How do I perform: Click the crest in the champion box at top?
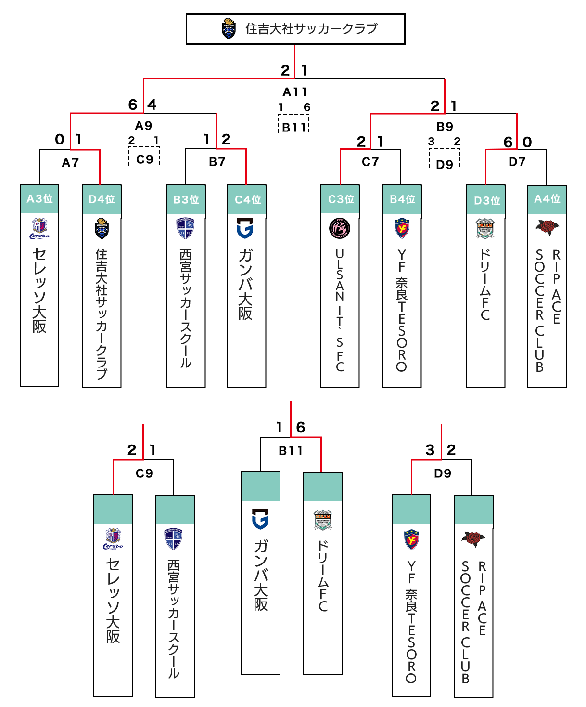(x=229, y=28)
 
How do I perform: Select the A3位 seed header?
(x=39, y=199)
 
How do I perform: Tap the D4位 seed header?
(x=102, y=199)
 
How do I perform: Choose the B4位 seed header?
(x=402, y=199)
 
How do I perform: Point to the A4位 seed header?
(x=547, y=199)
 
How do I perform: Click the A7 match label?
(x=70, y=163)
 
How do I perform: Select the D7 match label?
(x=517, y=162)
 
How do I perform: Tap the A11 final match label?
(x=294, y=92)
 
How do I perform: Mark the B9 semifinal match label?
(x=445, y=127)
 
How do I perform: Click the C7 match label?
(x=370, y=162)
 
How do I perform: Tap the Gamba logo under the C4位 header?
(x=245, y=228)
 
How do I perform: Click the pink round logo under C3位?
(x=340, y=229)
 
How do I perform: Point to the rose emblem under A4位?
(x=547, y=227)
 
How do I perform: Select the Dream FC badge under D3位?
(x=485, y=229)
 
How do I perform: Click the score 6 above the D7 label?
(x=508, y=142)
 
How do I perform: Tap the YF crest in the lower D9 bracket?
(x=411, y=540)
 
